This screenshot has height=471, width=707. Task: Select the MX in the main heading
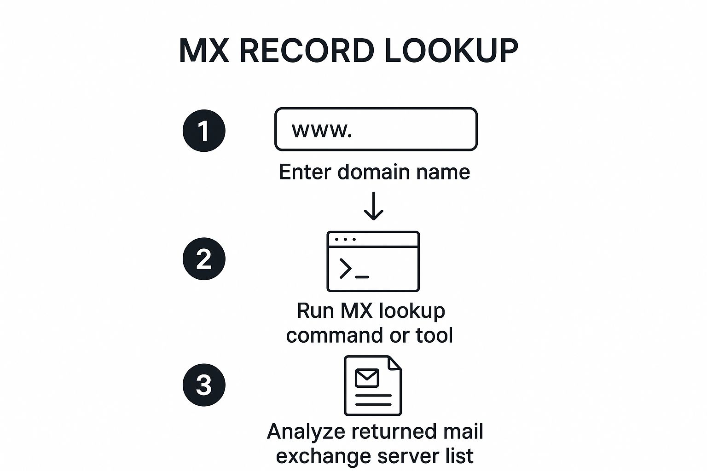204,51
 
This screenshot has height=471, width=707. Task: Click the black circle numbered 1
204,131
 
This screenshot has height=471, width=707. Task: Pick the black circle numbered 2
204,258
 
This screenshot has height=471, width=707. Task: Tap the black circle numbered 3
204,385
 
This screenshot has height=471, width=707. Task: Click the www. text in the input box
322,131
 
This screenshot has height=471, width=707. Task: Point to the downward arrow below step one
374,206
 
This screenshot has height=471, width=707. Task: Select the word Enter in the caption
306,172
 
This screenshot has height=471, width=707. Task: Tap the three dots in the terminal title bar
345,240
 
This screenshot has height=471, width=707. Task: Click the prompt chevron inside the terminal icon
346,269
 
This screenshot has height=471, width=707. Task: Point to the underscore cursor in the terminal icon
362,277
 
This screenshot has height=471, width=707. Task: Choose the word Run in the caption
316,311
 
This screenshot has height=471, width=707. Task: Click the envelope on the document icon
367,378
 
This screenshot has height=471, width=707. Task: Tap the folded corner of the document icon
394,363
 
